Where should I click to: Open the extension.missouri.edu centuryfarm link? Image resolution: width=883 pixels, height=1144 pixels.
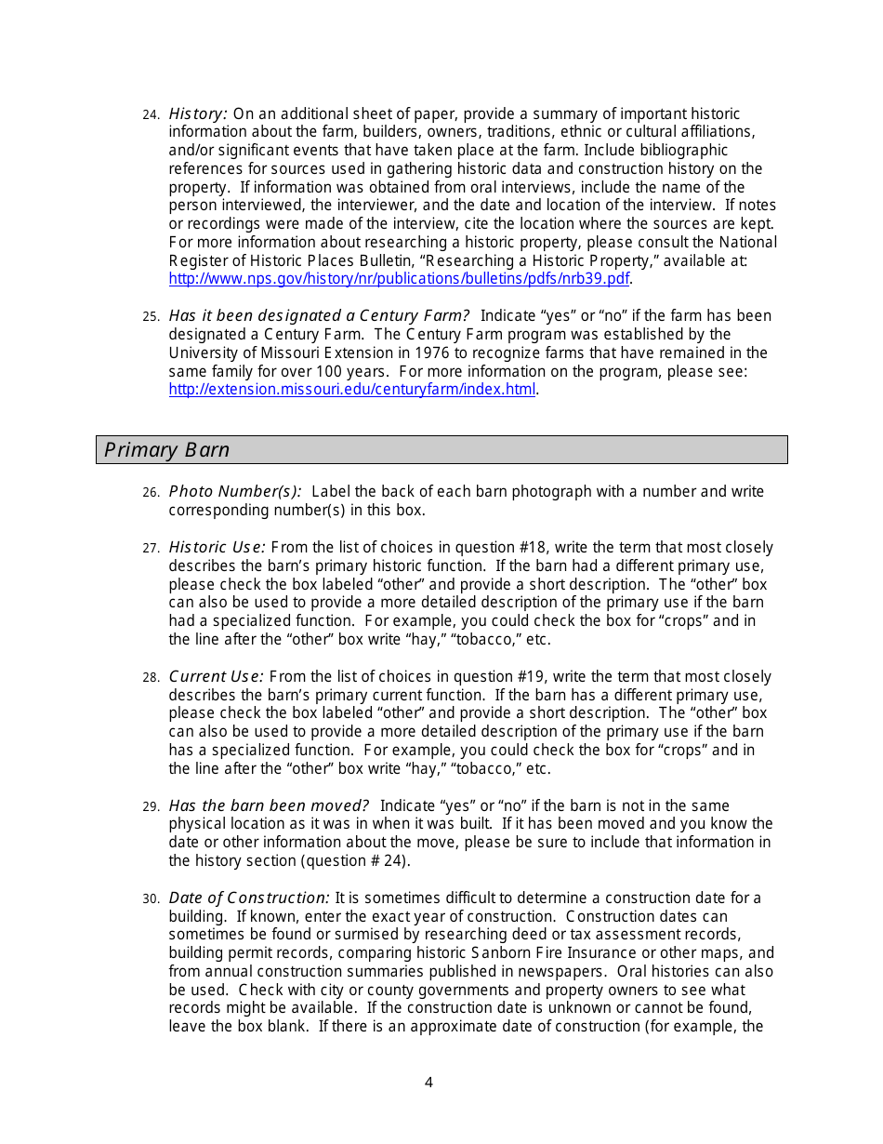click(351, 390)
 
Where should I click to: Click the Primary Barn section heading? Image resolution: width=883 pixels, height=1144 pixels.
click(167, 450)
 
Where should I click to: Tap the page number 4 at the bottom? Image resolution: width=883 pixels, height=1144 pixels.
click(428, 1083)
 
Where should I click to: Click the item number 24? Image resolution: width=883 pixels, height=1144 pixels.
click(152, 114)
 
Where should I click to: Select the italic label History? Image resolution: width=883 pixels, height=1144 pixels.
click(198, 113)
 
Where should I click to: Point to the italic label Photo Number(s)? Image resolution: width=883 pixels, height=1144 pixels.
click(234, 491)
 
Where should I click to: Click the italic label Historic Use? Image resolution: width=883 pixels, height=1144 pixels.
click(217, 548)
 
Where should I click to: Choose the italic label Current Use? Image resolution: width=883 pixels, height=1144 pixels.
click(216, 677)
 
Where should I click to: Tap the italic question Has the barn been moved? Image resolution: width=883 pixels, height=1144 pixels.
click(269, 805)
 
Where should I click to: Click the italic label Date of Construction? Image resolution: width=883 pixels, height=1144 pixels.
click(248, 898)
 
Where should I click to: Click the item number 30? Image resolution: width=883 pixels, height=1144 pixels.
click(152, 898)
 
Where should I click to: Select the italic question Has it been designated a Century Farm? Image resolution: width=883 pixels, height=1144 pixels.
click(319, 316)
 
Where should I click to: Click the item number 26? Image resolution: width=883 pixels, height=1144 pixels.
click(152, 492)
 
